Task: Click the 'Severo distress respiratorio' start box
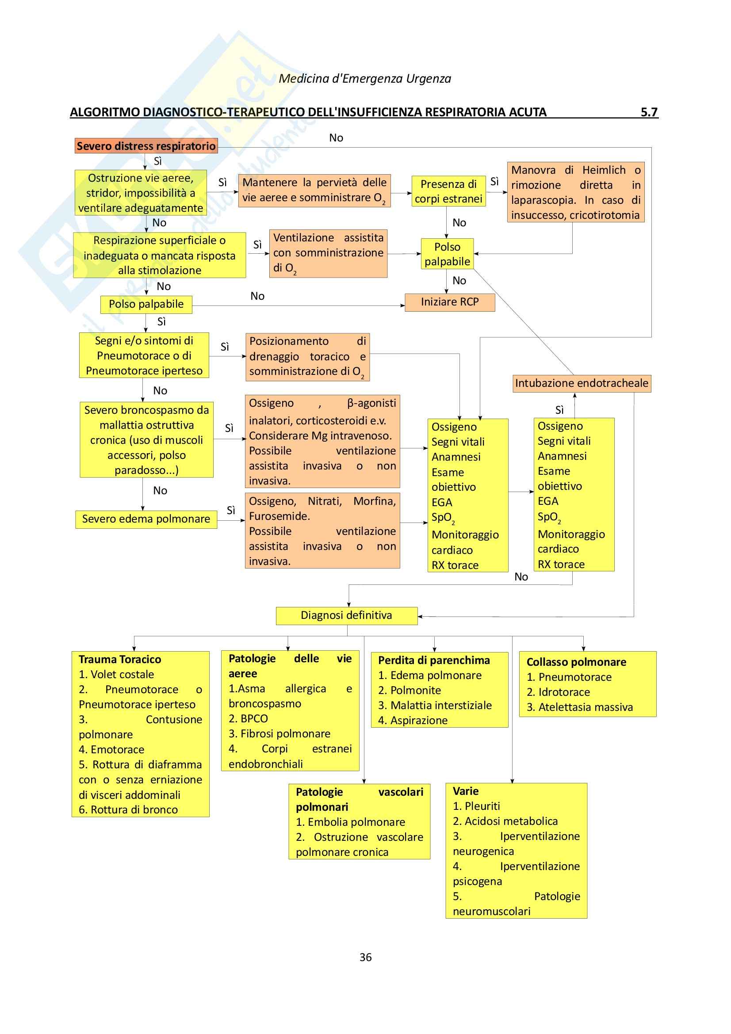point(146,146)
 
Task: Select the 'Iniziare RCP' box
point(449,302)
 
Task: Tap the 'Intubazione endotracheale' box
point(582,383)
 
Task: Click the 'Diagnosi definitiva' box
point(346,615)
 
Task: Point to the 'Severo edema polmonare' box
point(146,519)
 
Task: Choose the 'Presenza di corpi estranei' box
point(448,191)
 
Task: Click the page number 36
point(365,958)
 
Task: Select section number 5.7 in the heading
point(649,112)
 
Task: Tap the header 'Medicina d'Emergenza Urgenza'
point(365,79)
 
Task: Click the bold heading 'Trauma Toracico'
point(120,659)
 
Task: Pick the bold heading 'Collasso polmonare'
point(576,662)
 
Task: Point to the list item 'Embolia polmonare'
point(350,822)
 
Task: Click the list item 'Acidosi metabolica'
point(505,821)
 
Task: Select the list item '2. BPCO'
point(248,718)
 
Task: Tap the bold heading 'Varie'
point(466,791)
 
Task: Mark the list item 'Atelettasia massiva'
point(580,707)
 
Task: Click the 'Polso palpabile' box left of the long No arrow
point(146,305)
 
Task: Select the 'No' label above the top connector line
point(336,138)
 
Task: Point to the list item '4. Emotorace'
point(112,749)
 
